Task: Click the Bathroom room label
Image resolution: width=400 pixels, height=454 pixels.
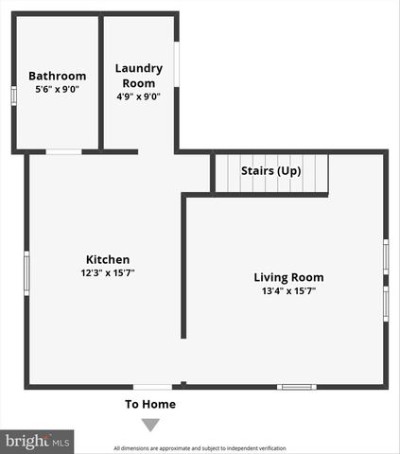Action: [57, 76]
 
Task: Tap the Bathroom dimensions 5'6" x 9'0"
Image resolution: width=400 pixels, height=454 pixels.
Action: [57, 89]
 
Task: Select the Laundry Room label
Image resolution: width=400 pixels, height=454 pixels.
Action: [139, 76]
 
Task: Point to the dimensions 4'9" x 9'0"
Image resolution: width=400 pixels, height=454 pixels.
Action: [139, 96]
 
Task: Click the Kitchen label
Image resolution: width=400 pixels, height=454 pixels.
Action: [108, 259]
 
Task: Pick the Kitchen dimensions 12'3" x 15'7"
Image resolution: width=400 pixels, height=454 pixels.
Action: [108, 272]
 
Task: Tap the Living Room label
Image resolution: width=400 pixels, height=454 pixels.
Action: [288, 277]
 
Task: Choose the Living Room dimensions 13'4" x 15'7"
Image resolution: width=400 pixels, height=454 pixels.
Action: [288, 291]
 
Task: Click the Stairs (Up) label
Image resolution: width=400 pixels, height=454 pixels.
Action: [271, 171]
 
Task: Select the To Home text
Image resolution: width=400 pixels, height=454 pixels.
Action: [150, 404]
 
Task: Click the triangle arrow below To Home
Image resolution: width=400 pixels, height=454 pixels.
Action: [150, 425]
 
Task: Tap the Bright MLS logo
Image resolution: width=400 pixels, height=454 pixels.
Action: [37, 441]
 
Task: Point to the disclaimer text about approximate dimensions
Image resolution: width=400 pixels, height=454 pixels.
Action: [200, 448]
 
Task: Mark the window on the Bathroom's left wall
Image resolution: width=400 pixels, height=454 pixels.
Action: [13, 95]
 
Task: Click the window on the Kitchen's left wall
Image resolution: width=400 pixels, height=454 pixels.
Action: [26, 272]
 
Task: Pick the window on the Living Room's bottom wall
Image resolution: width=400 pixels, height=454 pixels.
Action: [296, 386]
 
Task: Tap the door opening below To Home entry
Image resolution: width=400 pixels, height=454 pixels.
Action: [152, 386]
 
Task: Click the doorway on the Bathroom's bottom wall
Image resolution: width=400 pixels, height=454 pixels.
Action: [63, 151]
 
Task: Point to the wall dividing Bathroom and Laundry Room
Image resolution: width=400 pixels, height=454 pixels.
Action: [101, 83]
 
